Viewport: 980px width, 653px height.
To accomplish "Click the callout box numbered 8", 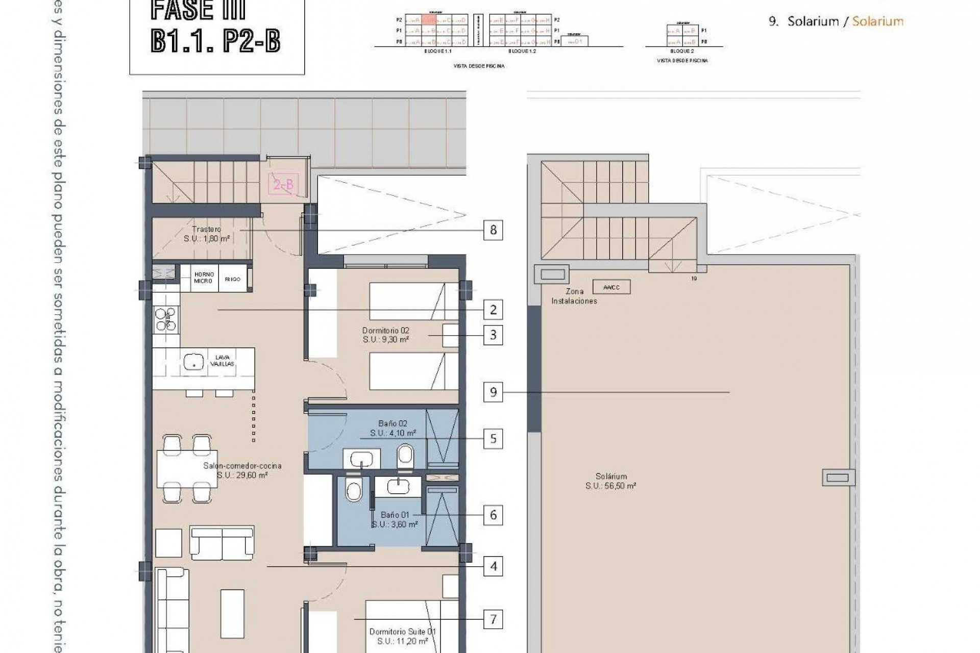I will click(x=493, y=230).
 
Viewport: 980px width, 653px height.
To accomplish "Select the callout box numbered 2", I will click(x=493, y=310).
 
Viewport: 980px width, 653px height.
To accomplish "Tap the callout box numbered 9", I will click(x=493, y=392).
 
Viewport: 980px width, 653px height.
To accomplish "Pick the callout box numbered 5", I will click(x=493, y=439).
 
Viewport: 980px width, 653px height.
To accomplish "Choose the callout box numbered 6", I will click(x=493, y=515).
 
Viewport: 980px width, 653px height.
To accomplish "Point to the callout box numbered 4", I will click(x=493, y=566).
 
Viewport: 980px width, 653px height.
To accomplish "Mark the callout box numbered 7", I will click(x=493, y=619).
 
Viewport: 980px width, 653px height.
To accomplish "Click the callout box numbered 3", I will click(x=493, y=335).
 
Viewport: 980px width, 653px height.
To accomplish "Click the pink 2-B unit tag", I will click(x=284, y=184).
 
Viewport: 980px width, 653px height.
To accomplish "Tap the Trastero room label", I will click(x=206, y=230).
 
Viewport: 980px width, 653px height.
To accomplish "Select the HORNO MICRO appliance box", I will click(x=204, y=278).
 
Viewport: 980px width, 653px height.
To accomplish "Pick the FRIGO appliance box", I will click(x=233, y=279).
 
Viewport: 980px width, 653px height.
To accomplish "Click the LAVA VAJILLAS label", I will click(x=223, y=361).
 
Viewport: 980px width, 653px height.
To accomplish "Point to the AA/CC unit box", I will click(x=611, y=287).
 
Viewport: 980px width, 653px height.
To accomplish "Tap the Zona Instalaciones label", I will click(x=574, y=296).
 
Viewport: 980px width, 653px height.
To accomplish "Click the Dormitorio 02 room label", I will click(x=386, y=331).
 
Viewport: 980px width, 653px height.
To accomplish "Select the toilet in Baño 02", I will click(x=406, y=455).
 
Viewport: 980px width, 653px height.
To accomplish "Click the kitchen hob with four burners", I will click(x=166, y=319).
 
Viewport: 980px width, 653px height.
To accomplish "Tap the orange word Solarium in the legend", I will click(x=877, y=21).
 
